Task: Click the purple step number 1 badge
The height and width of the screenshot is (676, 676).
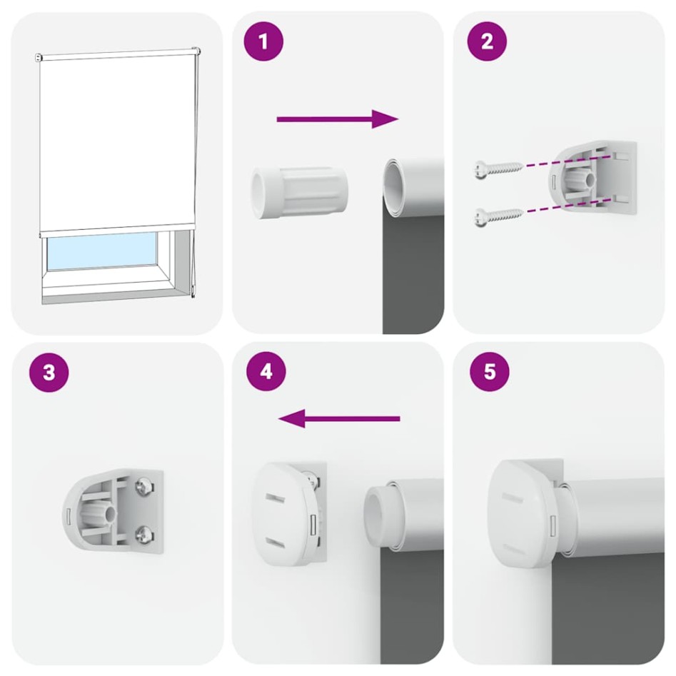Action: pos(264,41)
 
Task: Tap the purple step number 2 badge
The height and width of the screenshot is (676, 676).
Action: pos(487,41)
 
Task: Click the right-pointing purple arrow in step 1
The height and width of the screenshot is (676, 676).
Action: pos(336,119)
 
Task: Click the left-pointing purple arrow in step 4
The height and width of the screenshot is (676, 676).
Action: pos(338,418)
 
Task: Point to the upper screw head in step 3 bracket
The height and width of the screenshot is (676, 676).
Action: pos(143,487)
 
